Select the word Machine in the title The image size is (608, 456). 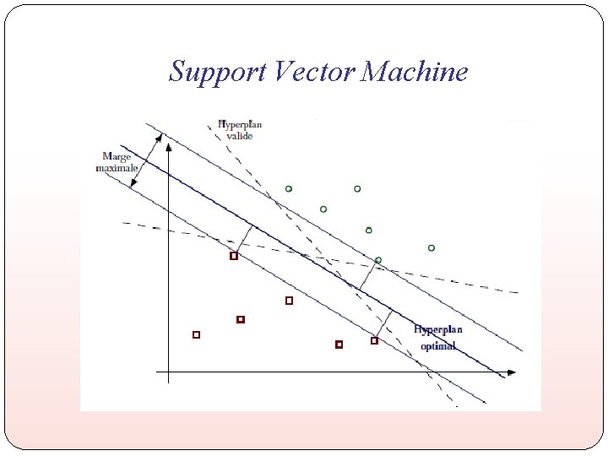coord(415,72)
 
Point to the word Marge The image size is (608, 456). coord(117,156)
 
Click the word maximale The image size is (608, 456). coord(117,167)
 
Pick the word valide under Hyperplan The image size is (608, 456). coord(239,135)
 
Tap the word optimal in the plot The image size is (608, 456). coord(437,345)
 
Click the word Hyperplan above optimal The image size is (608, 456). coord(437,330)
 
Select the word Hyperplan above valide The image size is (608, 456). coord(240,124)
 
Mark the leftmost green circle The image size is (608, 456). coord(289,189)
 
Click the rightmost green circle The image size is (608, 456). coord(432,248)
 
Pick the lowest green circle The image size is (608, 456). coord(378,260)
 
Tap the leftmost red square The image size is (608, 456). coord(196,335)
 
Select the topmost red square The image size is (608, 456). coord(234,256)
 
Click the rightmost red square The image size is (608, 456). coord(374,341)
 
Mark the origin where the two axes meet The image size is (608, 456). coord(168,372)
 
